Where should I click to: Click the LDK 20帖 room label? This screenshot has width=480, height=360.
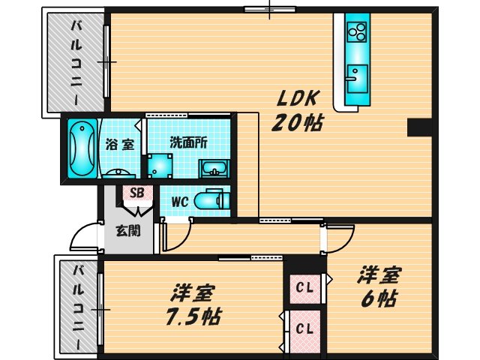click(x=300, y=109)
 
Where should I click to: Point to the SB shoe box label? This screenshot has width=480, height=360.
click(x=136, y=193)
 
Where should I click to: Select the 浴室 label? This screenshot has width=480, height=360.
click(x=119, y=144)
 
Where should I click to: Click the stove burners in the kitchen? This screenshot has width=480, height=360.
click(x=356, y=31)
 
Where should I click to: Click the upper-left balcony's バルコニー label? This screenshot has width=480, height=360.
click(x=76, y=64)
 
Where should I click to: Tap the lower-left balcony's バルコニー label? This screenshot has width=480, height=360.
click(x=76, y=307)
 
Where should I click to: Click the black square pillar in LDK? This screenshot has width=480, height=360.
click(x=417, y=129)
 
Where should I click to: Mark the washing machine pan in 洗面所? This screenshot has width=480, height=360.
click(x=158, y=165)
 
